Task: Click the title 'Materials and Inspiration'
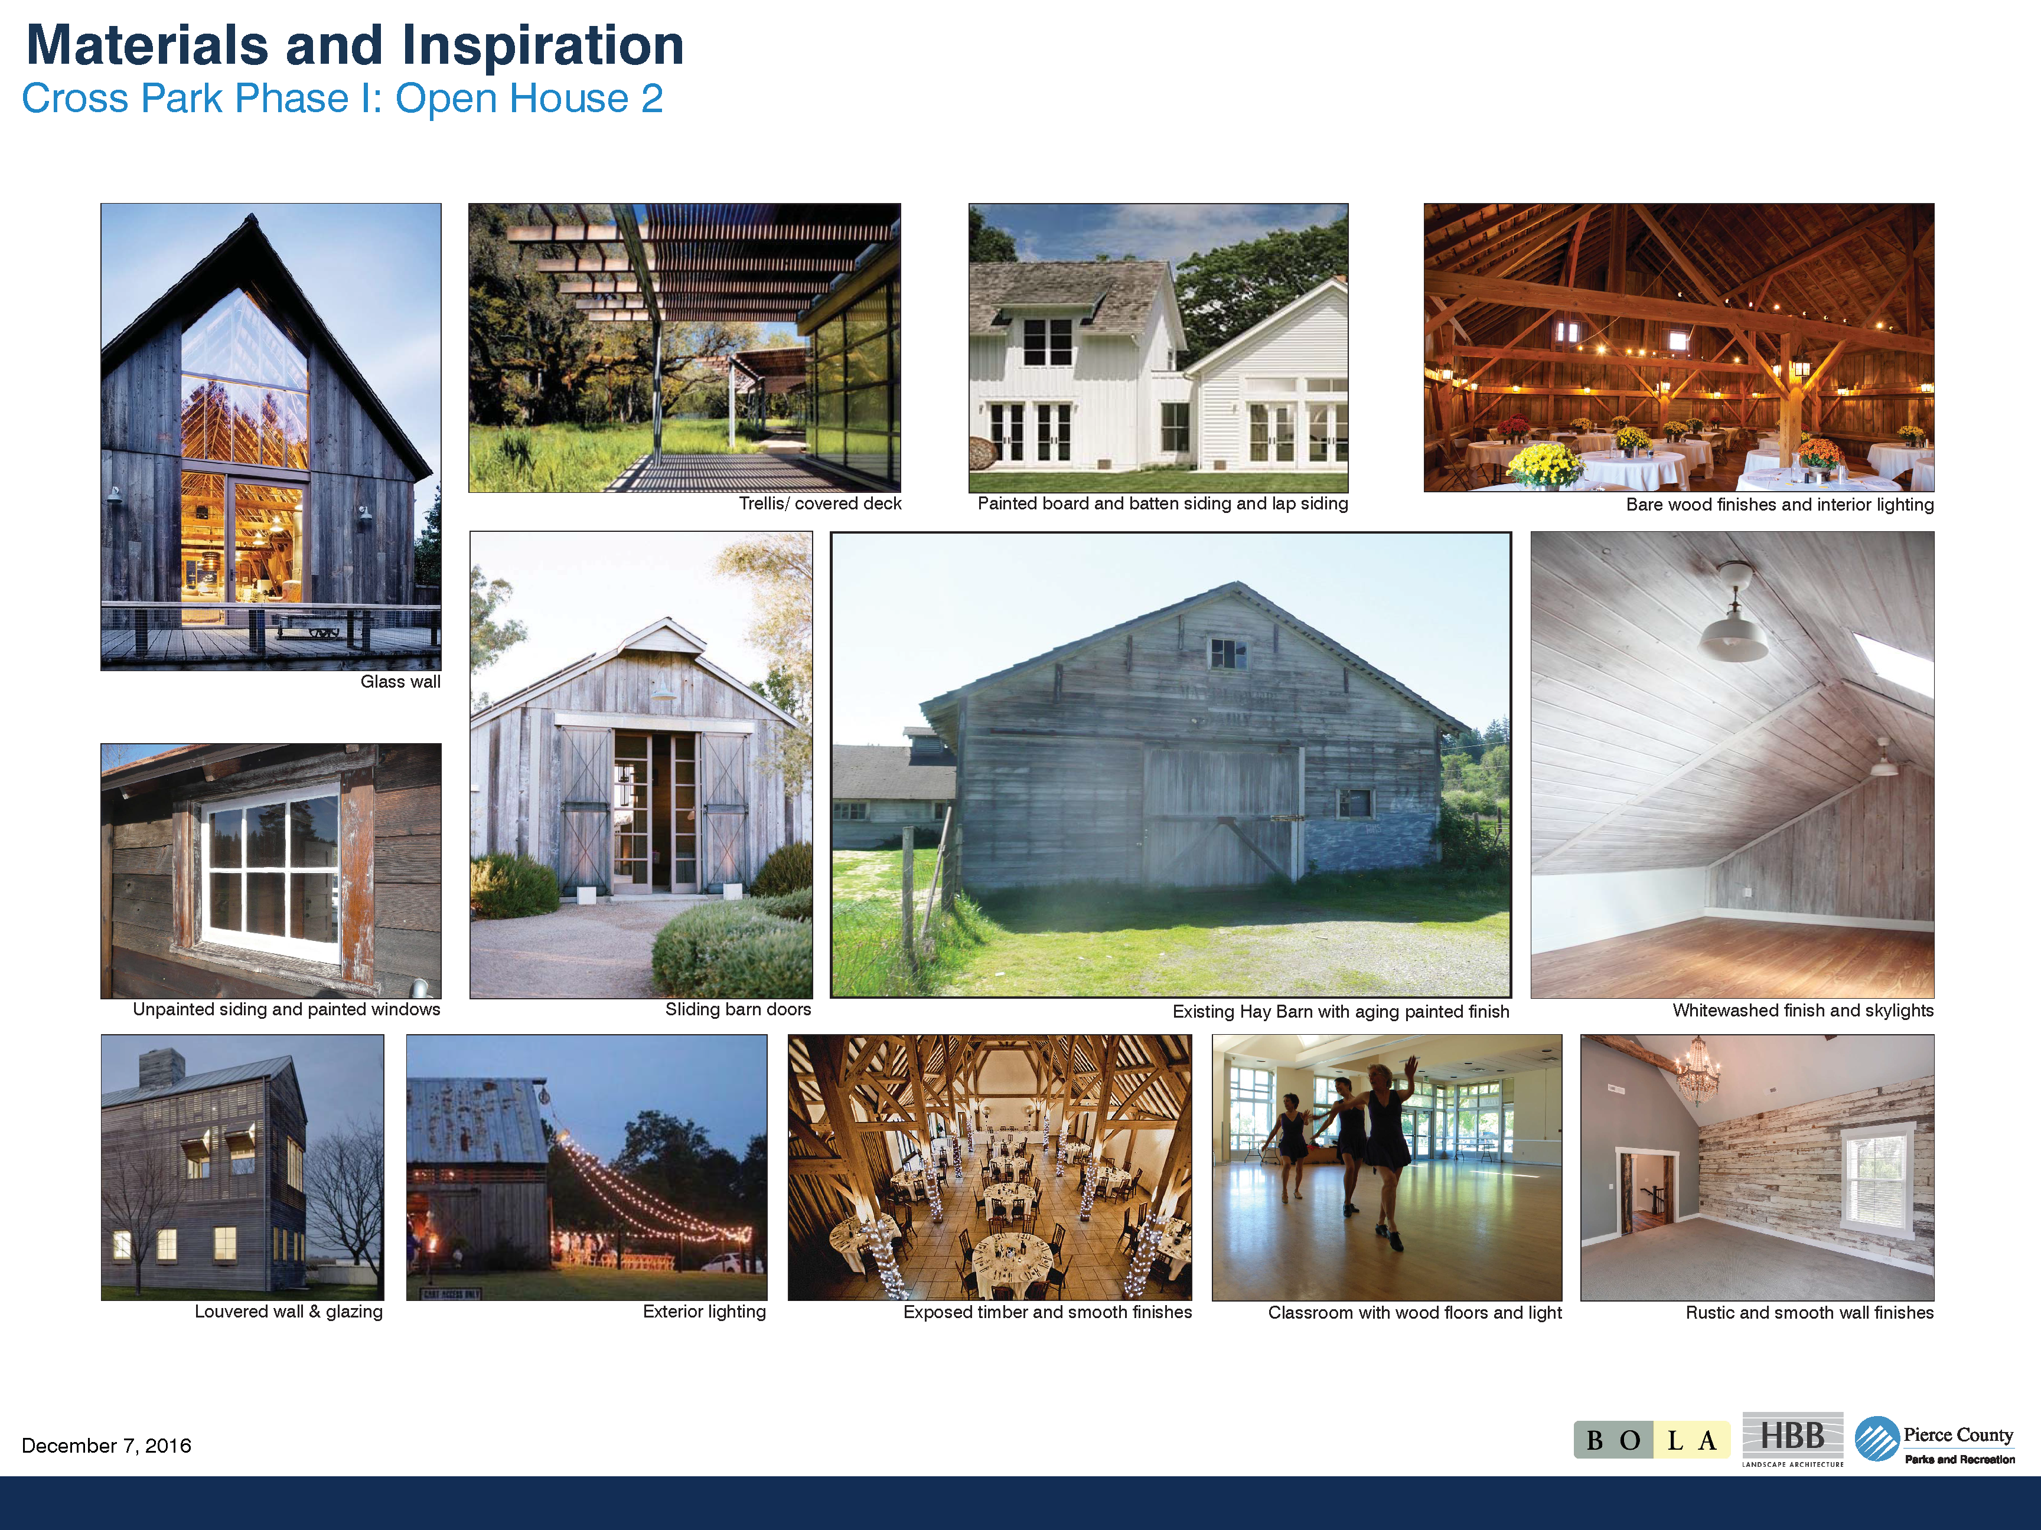point(356,46)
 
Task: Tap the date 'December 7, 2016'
point(106,1445)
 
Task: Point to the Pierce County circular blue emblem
point(1877,1439)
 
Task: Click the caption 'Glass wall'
point(400,682)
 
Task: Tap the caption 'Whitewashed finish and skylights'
point(1803,1011)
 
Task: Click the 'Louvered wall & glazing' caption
point(289,1312)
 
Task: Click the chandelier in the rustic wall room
point(1696,1073)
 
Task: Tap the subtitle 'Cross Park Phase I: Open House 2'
point(343,99)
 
